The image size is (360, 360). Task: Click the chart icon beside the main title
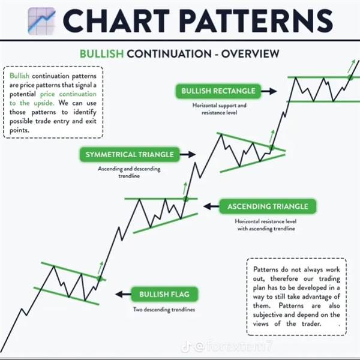[41, 21]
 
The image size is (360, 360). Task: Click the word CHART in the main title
[116, 21]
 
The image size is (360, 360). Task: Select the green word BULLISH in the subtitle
[102, 54]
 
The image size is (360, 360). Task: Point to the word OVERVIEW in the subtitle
[250, 54]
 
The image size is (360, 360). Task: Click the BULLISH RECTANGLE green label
[218, 91]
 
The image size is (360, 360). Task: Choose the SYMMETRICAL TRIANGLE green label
[130, 155]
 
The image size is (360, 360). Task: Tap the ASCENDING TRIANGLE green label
[268, 206]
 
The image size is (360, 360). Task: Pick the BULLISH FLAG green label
[164, 295]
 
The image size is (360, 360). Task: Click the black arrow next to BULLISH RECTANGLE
[269, 91]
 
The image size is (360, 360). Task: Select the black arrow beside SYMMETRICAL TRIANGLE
[188, 154]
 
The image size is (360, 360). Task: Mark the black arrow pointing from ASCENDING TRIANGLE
[211, 206]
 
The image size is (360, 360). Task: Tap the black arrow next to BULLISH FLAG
[123, 294]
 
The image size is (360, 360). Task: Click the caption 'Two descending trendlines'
[164, 310]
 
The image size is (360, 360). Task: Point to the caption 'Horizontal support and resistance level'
[219, 109]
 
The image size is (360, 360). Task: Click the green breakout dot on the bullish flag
[100, 278]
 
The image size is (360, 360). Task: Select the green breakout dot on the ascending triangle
[186, 199]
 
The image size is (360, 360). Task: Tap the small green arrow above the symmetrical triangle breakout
[272, 136]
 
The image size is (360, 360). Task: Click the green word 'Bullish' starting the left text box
[19, 76]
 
